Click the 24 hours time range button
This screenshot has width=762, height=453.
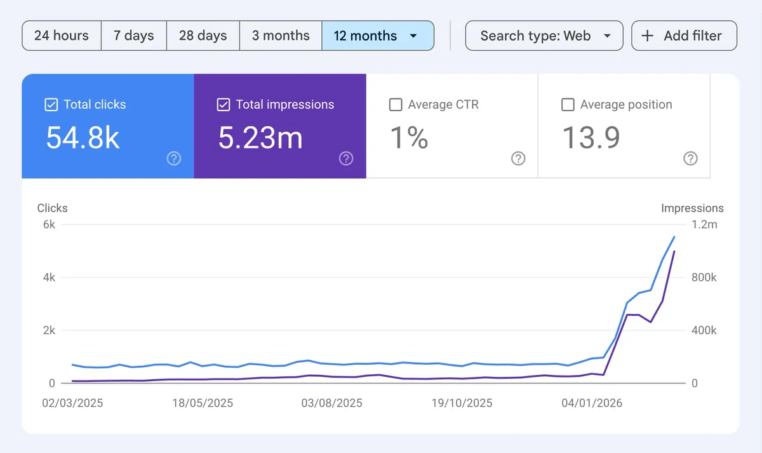point(62,36)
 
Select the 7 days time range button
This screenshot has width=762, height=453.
point(134,36)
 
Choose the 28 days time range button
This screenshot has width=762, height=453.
point(203,36)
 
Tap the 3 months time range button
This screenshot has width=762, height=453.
point(281,36)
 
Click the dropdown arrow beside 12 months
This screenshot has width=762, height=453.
point(413,36)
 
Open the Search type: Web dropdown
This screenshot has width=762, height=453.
point(544,36)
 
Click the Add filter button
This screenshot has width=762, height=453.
point(684,36)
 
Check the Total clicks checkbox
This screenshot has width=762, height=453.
point(51,105)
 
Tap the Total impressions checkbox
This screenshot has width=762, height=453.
point(224,105)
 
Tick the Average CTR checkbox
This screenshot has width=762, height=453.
point(396,105)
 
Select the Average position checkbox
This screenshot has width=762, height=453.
point(568,105)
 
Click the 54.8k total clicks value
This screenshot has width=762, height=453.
point(83,138)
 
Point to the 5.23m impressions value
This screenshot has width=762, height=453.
point(260,138)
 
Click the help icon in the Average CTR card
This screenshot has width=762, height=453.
point(518,159)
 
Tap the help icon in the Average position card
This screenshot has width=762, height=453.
point(690,159)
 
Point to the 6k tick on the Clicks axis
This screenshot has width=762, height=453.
point(49,224)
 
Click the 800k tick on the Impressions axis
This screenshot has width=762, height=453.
point(704,278)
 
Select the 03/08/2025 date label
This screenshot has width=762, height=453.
point(331,403)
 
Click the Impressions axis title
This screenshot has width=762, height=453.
point(692,208)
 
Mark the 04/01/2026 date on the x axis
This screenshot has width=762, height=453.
point(592,403)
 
